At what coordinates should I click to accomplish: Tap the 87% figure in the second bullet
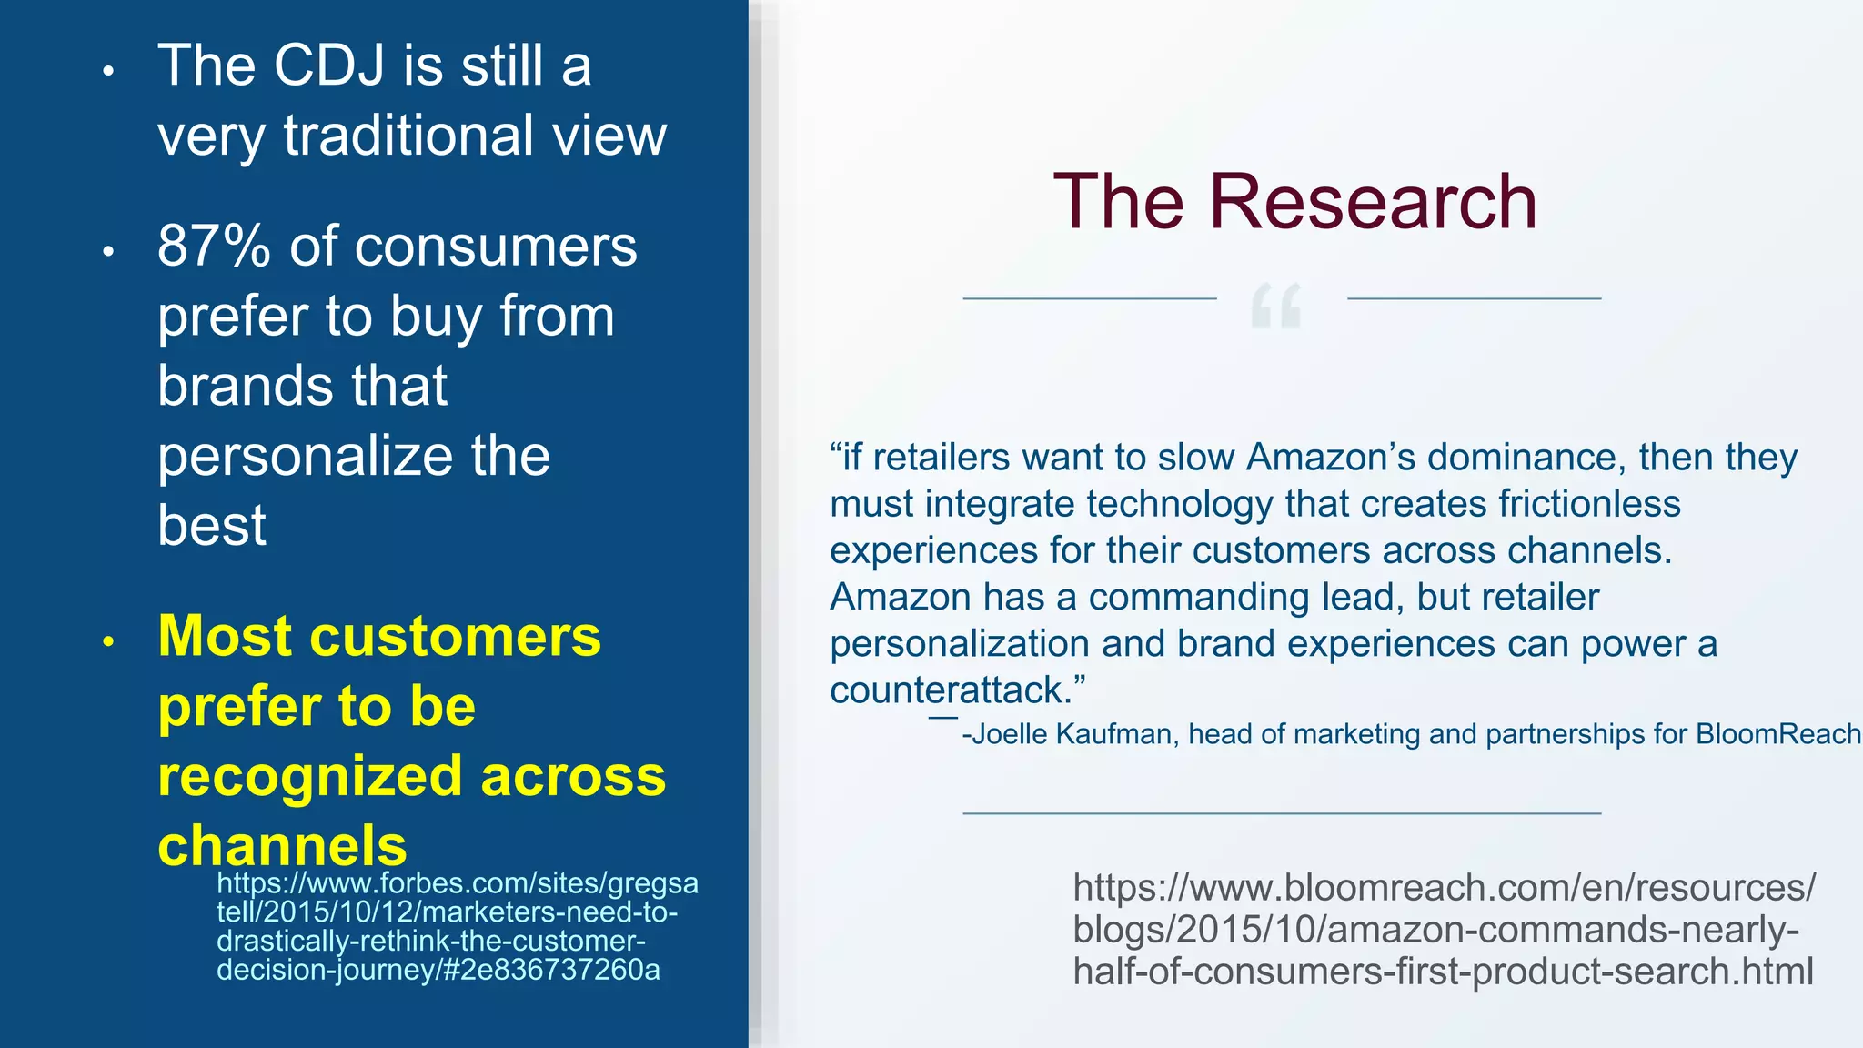[x=214, y=247]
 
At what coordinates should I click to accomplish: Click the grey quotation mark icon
[x=1276, y=306]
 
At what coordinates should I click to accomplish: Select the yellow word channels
[x=282, y=845]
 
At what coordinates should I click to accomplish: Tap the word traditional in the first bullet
[x=408, y=136]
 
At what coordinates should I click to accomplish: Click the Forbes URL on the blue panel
[x=455, y=926]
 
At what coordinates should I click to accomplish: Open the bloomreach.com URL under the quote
[x=1443, y=929]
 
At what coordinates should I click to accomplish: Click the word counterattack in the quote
[x=946, y=690]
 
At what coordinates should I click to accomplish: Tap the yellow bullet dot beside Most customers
[x=108, y=641]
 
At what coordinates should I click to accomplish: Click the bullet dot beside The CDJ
[x=108, y=71]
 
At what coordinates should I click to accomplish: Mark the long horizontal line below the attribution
[x=1281, y=812]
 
